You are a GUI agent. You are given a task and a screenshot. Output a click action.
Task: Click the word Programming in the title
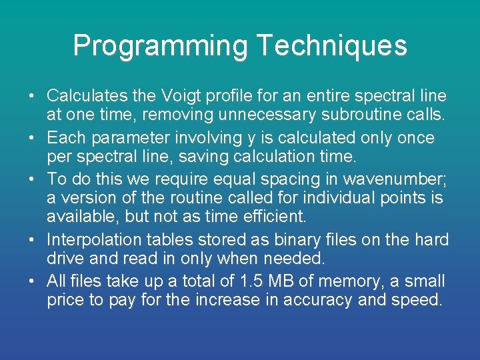point(160,46)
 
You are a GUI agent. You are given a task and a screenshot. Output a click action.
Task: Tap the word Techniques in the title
point(331,46)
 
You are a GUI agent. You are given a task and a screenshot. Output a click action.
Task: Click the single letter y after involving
point(251,139)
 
